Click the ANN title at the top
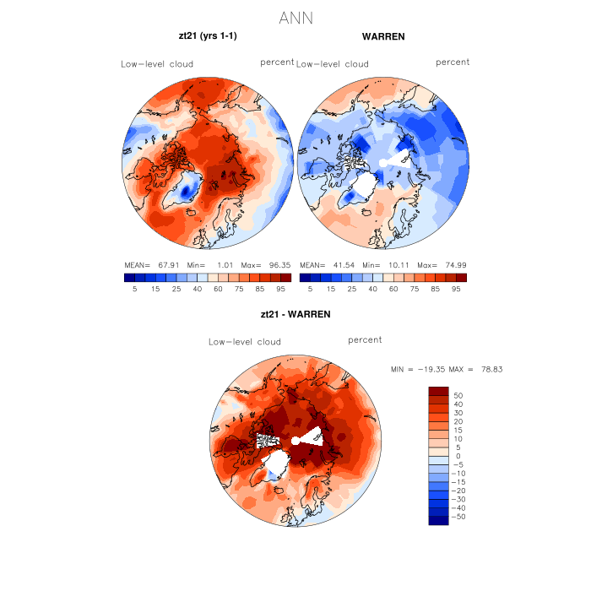295,18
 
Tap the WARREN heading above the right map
382,37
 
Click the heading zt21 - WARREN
295,314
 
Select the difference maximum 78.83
489,369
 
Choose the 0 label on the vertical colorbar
457,455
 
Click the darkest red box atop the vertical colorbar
438,390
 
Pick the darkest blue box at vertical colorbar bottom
438,520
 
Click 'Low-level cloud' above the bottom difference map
245,342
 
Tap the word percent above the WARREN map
453,62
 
